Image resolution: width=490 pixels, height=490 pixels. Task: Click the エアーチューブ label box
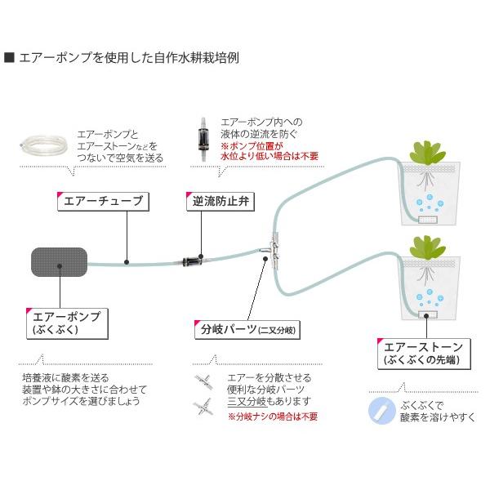[103, 202]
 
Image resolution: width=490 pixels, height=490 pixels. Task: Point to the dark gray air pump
[59, 263]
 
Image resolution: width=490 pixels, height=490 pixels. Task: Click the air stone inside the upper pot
[428, 219]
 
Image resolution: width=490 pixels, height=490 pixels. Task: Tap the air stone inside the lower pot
[428, 314]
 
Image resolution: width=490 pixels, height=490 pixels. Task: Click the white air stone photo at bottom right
[379, 408]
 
